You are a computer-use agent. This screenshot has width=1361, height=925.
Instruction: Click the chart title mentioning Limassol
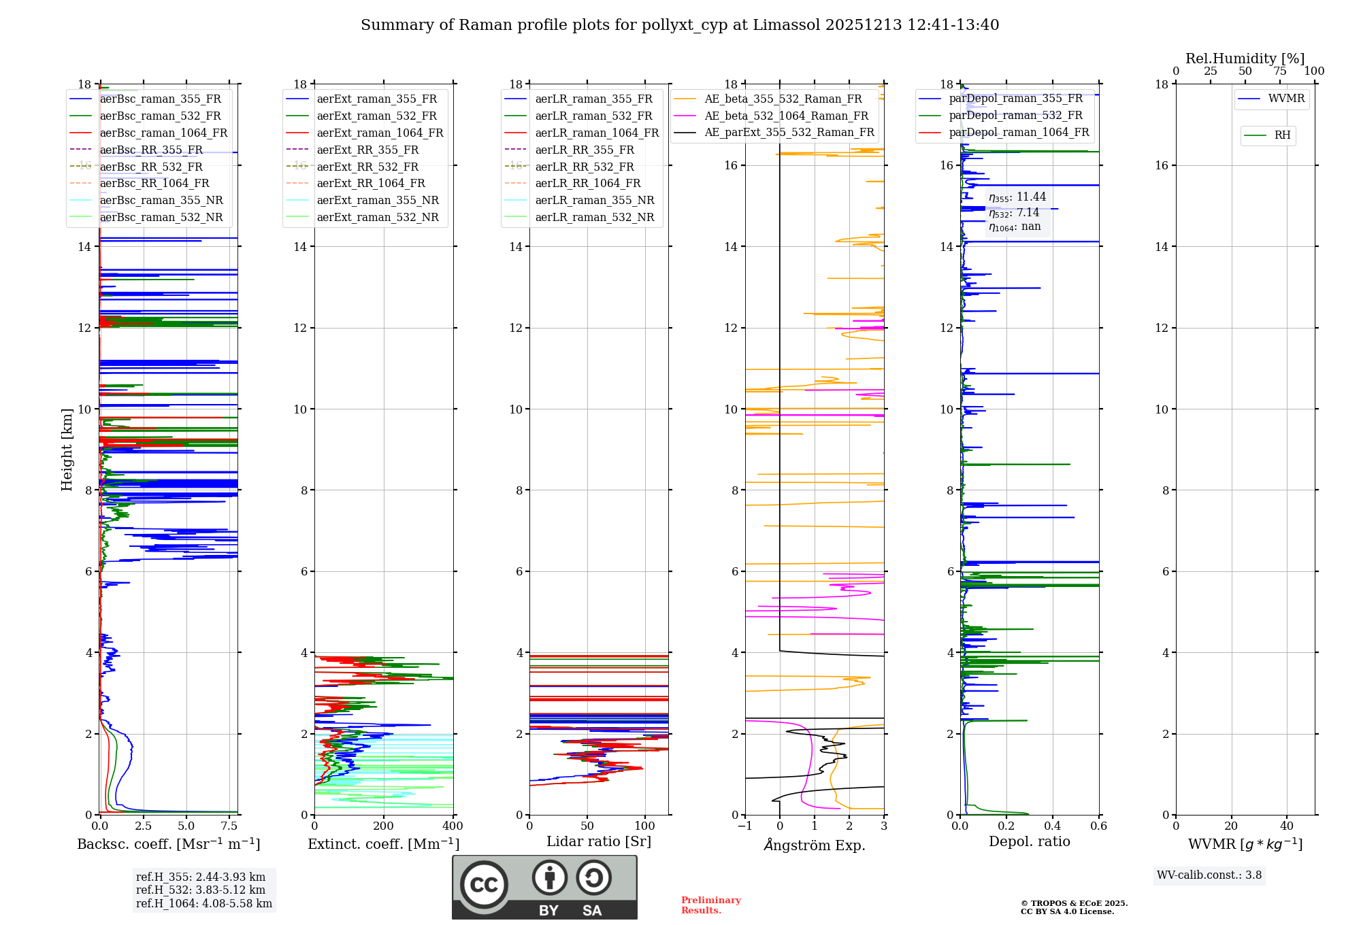click(680, 25)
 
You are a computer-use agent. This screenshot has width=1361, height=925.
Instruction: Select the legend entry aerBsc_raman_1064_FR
click(163, 133)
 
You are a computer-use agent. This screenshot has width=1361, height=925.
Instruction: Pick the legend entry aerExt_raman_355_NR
click(378, 201)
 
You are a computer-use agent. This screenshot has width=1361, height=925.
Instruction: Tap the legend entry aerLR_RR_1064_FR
click(588, 184)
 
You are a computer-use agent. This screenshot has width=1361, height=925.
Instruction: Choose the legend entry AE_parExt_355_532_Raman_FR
click(789, 133)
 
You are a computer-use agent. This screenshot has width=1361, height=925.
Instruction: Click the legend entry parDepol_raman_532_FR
click(1015, 116)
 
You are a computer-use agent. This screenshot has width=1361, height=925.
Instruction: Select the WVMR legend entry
click(1286, 99)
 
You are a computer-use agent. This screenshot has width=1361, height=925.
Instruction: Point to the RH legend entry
click(1282, 135)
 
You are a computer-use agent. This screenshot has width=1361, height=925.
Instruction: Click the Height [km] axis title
click(67, 449)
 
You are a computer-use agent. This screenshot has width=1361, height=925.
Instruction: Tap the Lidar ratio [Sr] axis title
click(599, 841)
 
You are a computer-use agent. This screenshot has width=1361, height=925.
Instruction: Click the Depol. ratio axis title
click(1029, 841)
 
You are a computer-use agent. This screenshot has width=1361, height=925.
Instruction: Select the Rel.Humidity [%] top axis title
click(1245, 58)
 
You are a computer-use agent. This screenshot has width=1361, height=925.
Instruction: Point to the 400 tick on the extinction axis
click(453, 826)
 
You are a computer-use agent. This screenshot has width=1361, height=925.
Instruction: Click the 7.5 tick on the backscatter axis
click(229, 826)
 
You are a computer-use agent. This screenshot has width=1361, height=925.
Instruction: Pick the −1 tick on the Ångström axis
click(745, 826)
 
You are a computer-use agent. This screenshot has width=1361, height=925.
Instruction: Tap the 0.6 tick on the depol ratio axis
click(1098, 826)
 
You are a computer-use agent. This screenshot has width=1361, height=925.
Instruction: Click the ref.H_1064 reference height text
click(204, 904)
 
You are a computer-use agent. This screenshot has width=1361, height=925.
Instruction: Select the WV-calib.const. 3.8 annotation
click(1209, 875)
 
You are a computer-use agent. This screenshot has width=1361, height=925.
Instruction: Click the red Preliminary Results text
click(710, 905)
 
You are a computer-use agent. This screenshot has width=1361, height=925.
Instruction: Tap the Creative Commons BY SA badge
click(544, 888)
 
